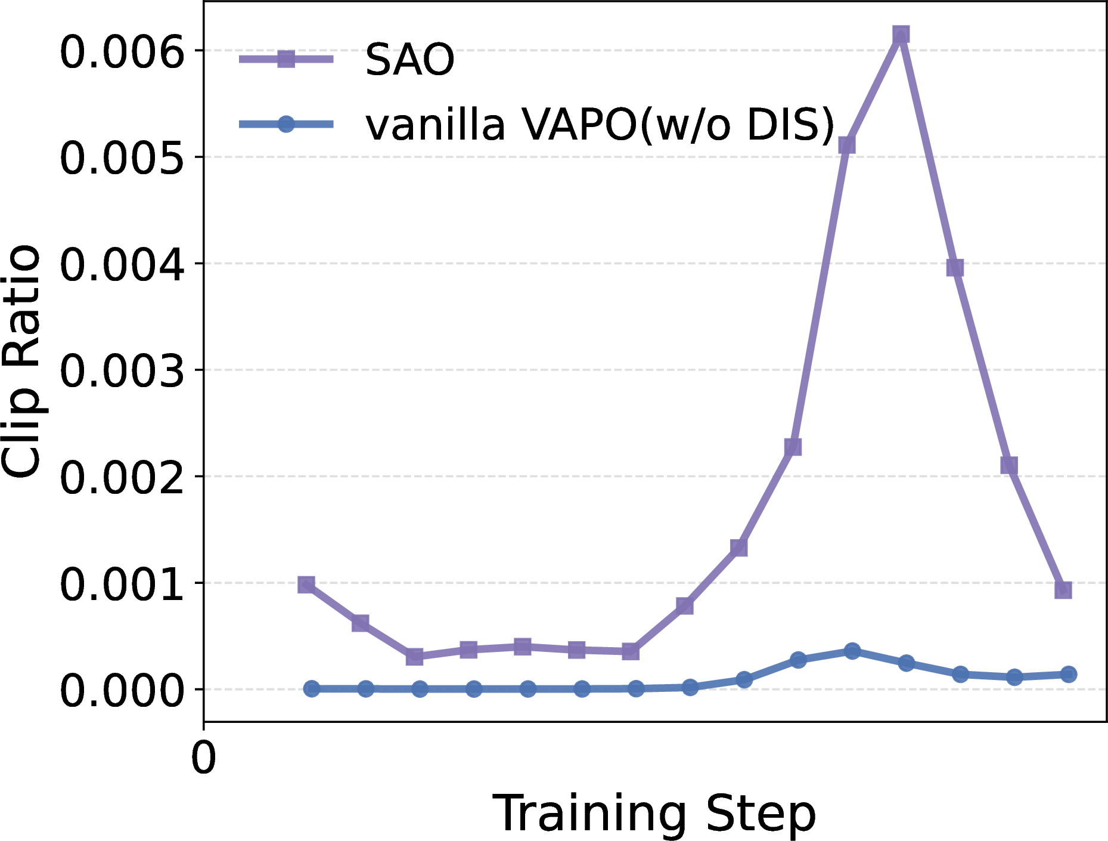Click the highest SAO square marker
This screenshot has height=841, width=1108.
[901, 35]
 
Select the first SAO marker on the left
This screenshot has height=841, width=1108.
[306, 585]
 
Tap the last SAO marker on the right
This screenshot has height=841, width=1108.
[1063, 590]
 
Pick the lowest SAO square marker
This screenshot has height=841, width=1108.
[414, 657]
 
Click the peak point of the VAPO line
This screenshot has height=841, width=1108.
[852, 651]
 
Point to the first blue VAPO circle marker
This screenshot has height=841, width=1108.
[311, 688]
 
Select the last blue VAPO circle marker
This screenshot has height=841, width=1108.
[1068, 674]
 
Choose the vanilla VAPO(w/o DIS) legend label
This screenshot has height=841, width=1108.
[600, 125]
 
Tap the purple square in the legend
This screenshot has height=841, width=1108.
[286, 58]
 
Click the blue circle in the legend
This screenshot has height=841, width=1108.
[286, 124]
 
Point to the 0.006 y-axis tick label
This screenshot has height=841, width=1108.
[122, 51]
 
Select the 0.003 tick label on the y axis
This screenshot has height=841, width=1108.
[122, 370]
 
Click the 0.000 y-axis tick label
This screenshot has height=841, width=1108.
[122, 690]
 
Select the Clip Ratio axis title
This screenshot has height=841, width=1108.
[21, 361]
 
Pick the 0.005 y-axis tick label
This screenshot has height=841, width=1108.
[122, 158]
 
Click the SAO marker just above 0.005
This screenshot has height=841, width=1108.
[846, 144]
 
